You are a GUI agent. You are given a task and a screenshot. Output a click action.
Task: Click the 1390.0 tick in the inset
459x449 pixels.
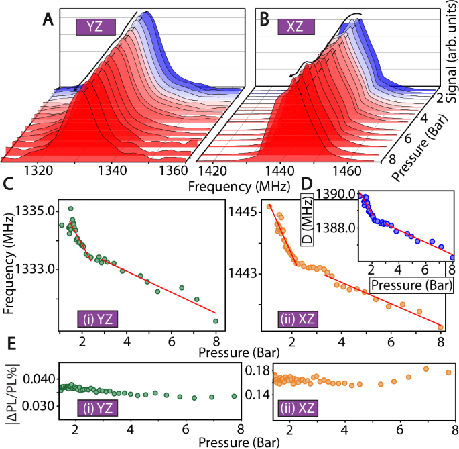coord(340,195)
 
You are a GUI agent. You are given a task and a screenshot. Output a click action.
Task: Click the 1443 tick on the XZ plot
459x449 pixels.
coord(237,273)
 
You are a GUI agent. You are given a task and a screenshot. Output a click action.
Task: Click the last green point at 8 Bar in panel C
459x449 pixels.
coord(216,321)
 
